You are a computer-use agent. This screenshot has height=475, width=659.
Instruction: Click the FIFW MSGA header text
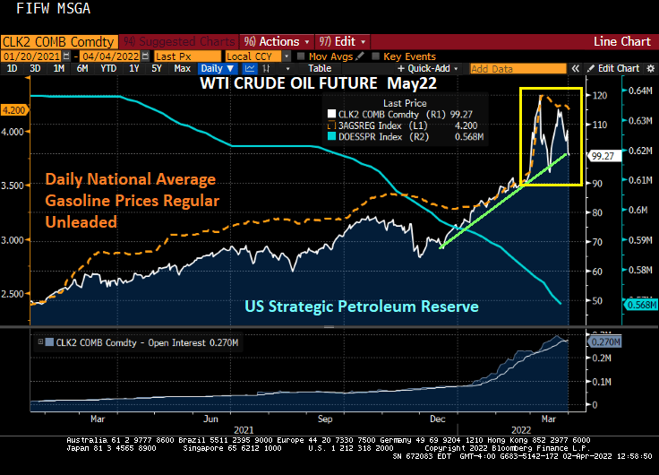[x=46, y=13]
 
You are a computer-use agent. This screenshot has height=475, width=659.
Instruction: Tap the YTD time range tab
[x=108, y=68]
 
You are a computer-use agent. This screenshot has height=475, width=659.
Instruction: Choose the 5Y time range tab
[x=156, y=68]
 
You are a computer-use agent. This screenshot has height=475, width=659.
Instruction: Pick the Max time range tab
[x=182, y=68]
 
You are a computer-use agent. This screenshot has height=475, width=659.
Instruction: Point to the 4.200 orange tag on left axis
[x=13, y=109]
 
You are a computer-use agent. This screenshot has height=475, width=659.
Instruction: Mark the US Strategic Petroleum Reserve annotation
[x=362, y=307]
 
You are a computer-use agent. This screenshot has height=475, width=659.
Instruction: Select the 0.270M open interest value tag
[x=604, y=341]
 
